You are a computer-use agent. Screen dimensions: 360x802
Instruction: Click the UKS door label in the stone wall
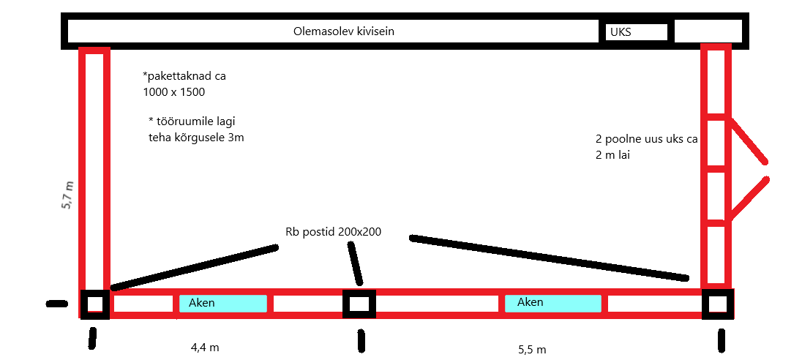click(620, 32)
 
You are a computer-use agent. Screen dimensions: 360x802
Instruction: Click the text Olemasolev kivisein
click(338, 31)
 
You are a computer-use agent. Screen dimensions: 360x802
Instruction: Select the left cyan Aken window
click(222, 303)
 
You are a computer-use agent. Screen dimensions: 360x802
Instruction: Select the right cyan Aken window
click(552, 302)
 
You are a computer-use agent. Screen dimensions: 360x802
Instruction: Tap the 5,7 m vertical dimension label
click(67, 196)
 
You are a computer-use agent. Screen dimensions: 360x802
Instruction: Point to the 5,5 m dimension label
click(531, 350)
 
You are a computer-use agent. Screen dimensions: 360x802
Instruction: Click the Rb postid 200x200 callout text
click(333, 232)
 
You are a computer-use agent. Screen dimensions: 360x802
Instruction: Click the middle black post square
click(359, 304)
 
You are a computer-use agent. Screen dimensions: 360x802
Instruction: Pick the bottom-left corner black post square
click(94, 304)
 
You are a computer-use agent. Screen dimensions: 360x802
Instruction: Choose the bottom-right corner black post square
click(717, 304)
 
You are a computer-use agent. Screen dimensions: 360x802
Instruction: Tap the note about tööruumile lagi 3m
click(195, 129)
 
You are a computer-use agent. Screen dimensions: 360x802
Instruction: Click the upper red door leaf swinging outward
click(749, 142)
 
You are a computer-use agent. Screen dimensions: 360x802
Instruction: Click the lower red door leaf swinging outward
click(748, 198)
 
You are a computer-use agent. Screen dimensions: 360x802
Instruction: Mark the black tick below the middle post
click(361, 340)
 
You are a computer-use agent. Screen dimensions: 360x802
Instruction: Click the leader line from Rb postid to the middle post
click(354, 263)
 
